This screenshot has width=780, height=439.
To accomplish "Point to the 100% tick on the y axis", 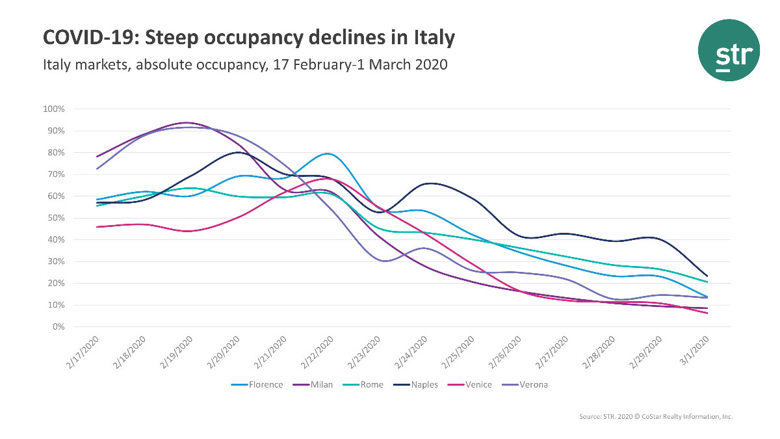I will (54, 109).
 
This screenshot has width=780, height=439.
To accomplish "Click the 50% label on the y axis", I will (56, 218).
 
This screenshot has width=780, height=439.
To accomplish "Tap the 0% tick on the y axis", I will (58, 327).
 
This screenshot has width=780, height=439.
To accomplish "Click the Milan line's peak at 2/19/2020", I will (188, 122).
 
